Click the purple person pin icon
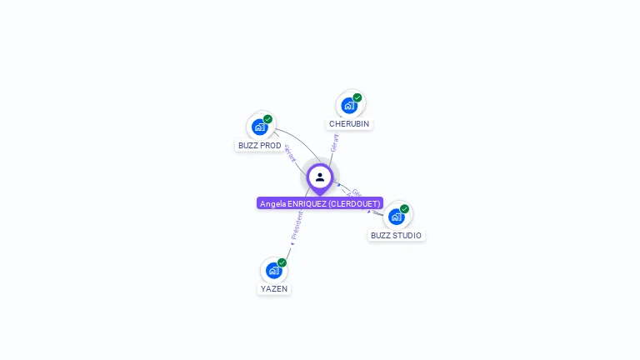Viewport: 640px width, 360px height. (320, 177)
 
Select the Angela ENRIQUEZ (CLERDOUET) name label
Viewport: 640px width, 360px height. (320, 203)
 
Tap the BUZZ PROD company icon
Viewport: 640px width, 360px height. (259, 127)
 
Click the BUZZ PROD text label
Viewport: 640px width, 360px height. (260, 146)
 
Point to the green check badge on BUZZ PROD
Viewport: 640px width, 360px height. (268, 119)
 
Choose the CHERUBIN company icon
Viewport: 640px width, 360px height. (349, 106)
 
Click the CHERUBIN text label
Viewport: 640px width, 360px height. (349, 124)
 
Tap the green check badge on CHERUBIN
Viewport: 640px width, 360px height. (357, 97)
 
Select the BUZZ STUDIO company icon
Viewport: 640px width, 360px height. (396, 217)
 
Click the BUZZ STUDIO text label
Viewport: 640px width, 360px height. (396, 236)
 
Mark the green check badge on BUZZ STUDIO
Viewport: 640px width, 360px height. (405, 209)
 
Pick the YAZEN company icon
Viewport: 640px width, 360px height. (273, 271)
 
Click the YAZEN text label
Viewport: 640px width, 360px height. (274, 289)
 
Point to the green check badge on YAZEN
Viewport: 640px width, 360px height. (282, 262)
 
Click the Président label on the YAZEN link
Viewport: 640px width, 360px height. (297, 225)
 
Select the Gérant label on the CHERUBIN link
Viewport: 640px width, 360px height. (334, 142)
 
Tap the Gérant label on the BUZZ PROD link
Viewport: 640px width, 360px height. (290, 153)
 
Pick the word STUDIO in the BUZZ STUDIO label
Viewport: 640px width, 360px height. (407, 236)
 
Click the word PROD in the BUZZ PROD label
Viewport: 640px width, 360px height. (271, 146)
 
